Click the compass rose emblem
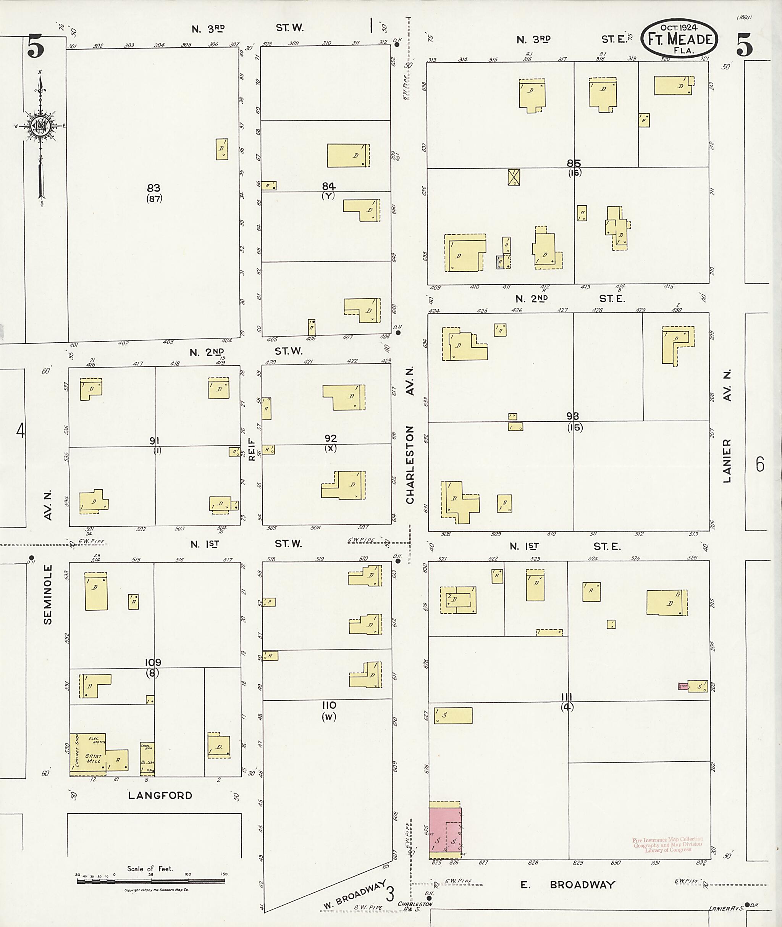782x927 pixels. pyautogui.click(x=40, y=126)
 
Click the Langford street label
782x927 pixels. pyautogui.click(x=160, y=808)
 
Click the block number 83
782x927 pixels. pyautogui.click(x=153, y=188)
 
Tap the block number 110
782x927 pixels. pyautogui.click(x=329, y=705)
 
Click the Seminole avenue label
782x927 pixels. pyautogui.click(x=48, y=594)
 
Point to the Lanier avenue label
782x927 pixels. pyautogui.click(x=727, y=461)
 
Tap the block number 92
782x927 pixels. pyautogui.click(x=330, y=438)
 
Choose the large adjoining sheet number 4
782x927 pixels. pyautogui.click(x=20, y=431)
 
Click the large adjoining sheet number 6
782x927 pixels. pyautogui.click(x=760, y=464)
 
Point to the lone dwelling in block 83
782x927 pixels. pyautogui.click(x=221, y=149)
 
